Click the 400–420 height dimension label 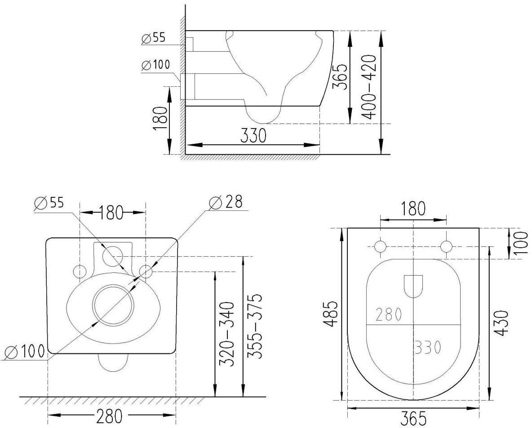pyautogui.click(x=368, y=87)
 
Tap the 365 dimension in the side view pyautogui.click(x=339, y=77)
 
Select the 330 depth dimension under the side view pyautogui.click(x=253, y=136)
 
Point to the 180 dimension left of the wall pyautogui.click(x=160, y=119)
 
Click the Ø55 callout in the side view pyautogui.click(x=153, y=38)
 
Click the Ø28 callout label pyautogui.click(x=226, y=203)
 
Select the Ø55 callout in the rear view pyautogui.click(x=49, y=203)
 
